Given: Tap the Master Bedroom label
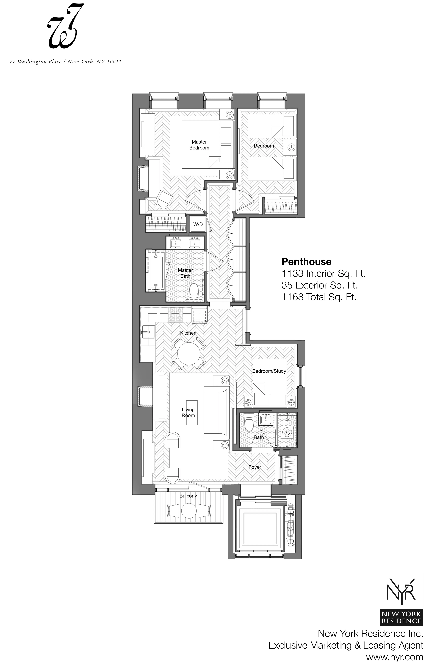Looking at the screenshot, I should point(199,145).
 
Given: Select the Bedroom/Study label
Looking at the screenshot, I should point(269,371).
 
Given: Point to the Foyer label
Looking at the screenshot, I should point(255,467).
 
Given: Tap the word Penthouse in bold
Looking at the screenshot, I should point(306,262).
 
